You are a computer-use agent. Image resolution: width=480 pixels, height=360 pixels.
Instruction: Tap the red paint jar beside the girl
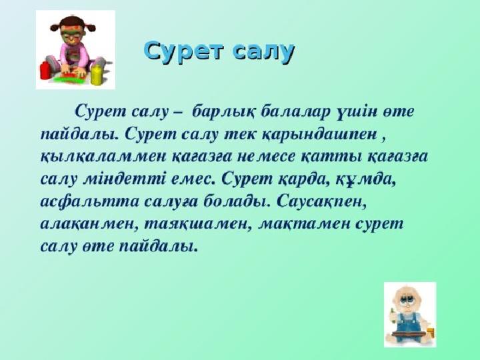pyautogui.click(x=45, y=70)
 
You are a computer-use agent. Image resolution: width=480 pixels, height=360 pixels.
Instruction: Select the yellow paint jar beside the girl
pyautogui.click(x=96, y=74)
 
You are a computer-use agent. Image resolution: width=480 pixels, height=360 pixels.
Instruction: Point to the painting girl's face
pyautogui.click(x=71, y=35)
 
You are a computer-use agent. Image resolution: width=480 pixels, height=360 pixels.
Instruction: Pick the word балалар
pyautogui.click(x=296, y=111)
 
